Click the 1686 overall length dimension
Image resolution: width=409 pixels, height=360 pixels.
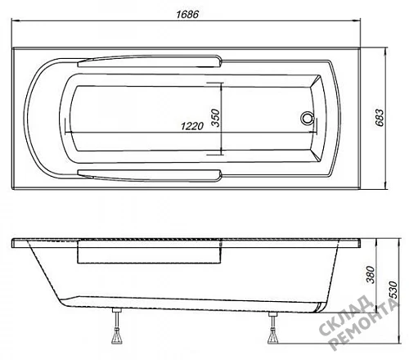point(187,14)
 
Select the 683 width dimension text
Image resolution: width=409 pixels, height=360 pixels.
point(380,118)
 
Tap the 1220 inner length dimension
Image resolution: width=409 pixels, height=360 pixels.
point(192,126)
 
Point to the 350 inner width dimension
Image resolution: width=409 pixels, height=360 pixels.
point(216,118)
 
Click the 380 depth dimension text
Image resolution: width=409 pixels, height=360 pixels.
point(371,275)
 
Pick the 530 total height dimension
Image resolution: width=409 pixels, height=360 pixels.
point(393,290)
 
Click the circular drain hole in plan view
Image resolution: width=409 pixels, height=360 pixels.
point(308,118)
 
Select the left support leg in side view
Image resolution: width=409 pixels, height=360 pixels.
point(117,326)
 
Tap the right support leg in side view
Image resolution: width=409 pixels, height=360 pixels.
point(272,327)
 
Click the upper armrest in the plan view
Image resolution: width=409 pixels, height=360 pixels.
point(150,61)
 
